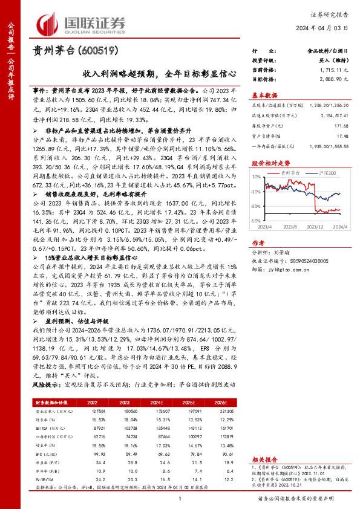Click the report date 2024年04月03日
(321, 28)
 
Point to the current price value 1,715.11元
(331, 70)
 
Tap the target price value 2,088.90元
(331, 79)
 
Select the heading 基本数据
(264, 95)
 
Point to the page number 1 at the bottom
(180, 498)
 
